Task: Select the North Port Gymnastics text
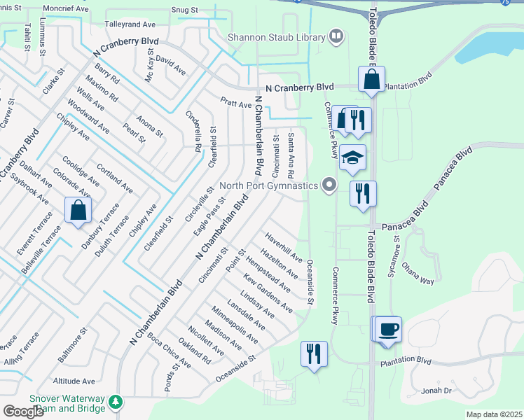click(269, 186)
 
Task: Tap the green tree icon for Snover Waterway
click(115, 402)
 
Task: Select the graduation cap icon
click(352, 159)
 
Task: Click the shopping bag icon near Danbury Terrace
click(78, 209)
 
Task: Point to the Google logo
click(24, 412)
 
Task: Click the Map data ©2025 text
click(494, 414)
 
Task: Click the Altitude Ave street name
click(75, 381)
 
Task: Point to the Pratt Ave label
click(235, 104)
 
